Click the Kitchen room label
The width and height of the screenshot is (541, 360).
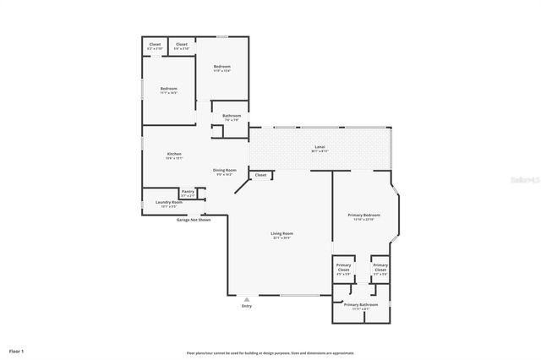(173, 154)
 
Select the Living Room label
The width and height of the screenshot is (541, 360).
(281, 234)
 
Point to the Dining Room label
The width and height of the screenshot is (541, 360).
(224, 170)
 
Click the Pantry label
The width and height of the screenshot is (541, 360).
(188, 192)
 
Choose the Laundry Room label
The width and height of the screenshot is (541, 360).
(169, 202)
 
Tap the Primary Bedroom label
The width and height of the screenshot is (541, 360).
(365, 215)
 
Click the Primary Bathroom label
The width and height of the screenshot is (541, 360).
(360, 304)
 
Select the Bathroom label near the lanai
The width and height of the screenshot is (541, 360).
(232, 116)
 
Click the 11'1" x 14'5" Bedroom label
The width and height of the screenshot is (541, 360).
(169, 88)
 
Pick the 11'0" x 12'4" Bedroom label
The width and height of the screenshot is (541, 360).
(221, 67)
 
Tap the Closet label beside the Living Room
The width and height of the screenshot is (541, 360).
(260, 175)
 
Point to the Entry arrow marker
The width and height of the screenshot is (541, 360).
(247, 298)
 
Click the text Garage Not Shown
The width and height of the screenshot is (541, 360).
(193, 219)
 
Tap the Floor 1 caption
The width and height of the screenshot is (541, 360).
(16, 350)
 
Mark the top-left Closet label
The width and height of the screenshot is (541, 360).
(155, 45)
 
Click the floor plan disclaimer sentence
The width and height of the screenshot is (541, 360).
(270, 352)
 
